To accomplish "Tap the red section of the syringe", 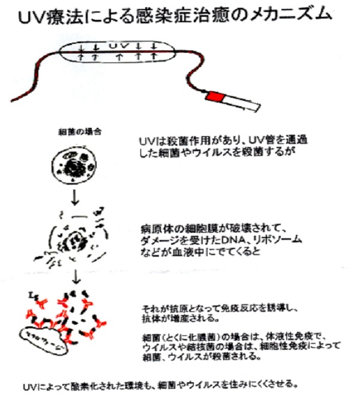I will [215, 97].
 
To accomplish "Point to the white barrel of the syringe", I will [242, 103].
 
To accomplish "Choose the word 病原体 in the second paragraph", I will [151, 229].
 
